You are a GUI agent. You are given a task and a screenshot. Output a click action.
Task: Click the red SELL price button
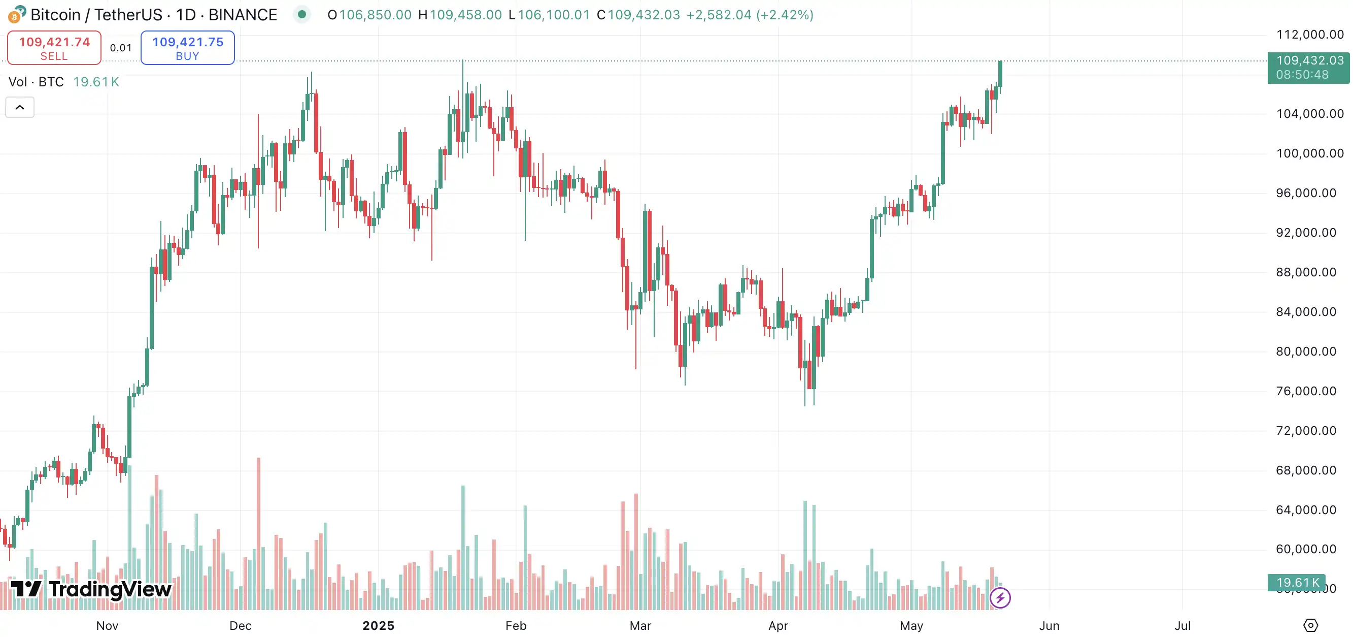(x=54, y=48)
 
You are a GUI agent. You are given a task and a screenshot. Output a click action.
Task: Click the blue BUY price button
(x=187, y=48)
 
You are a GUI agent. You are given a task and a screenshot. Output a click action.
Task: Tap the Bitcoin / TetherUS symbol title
(x=153, y=15)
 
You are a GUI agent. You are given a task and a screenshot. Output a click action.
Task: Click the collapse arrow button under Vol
(x=20, y=107)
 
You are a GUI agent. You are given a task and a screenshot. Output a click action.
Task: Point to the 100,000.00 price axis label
(x=1310, y=153)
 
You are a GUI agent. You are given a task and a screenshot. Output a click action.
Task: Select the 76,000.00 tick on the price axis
(x=1306, y=391)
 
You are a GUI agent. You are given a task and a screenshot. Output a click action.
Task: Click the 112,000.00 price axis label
(x=1310, y=35)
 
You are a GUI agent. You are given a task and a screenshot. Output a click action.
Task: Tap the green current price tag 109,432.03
(x=1308, y=67)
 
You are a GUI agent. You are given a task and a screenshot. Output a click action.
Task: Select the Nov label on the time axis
(x=107, y=625)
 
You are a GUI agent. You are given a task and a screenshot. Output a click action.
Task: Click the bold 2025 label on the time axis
(x=378, y=625)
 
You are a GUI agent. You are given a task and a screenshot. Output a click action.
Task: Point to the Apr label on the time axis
(x=778, y=625)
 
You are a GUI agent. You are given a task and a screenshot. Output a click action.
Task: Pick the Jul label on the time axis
(x=1182, y=625)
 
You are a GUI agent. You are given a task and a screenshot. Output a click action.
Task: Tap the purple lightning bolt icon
(x=999, y=597)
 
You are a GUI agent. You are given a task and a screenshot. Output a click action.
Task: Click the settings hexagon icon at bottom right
(x=1310, y=625)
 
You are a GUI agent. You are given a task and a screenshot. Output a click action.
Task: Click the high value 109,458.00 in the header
(x=465, y=15)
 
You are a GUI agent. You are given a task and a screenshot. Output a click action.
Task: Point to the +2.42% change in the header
(x=785, y=15)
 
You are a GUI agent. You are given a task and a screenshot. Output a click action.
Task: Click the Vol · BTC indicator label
(x=36, y=82)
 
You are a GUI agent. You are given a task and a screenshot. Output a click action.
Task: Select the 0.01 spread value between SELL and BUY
(x=121, y=48)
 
